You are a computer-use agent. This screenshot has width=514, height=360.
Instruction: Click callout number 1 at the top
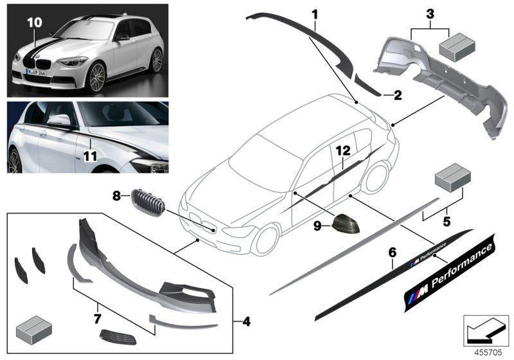(x=314, y=13)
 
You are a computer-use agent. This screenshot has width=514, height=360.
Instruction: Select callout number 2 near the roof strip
(x=398, y=96)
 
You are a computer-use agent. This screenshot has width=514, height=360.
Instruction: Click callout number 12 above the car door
(x=342, y=151)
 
